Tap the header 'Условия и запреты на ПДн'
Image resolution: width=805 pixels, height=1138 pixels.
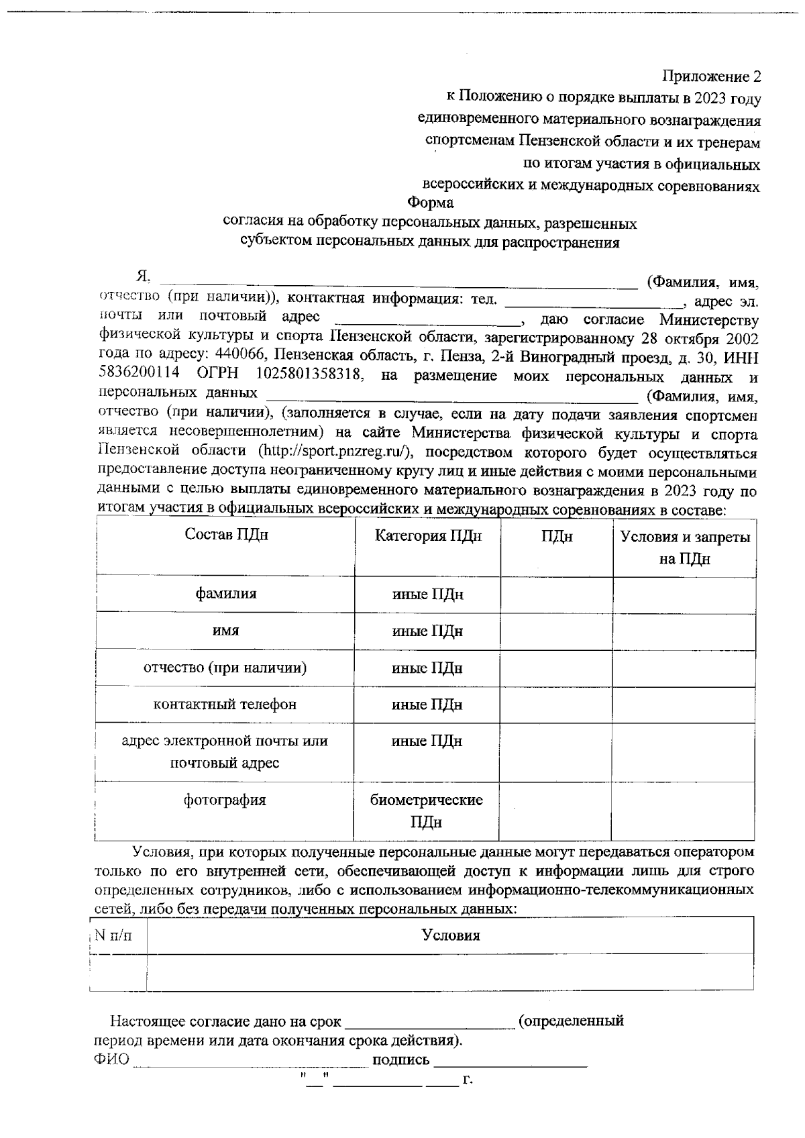pos(684,548)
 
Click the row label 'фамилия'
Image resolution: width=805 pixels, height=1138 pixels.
pos(226,594)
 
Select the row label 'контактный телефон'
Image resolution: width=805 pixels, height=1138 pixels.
pos(225,705)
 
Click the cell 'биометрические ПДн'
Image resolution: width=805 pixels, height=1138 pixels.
pos(427,811)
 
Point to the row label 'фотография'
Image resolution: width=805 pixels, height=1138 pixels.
pos(225,800)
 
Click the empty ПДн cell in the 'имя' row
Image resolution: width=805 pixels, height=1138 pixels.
pos(556,631)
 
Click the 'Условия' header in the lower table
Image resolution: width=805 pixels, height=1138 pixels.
pos(450,935)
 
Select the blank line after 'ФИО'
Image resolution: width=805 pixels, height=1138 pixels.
pos(250,1062)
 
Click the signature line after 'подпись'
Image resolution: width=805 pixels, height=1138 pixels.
pos(511,1062)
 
